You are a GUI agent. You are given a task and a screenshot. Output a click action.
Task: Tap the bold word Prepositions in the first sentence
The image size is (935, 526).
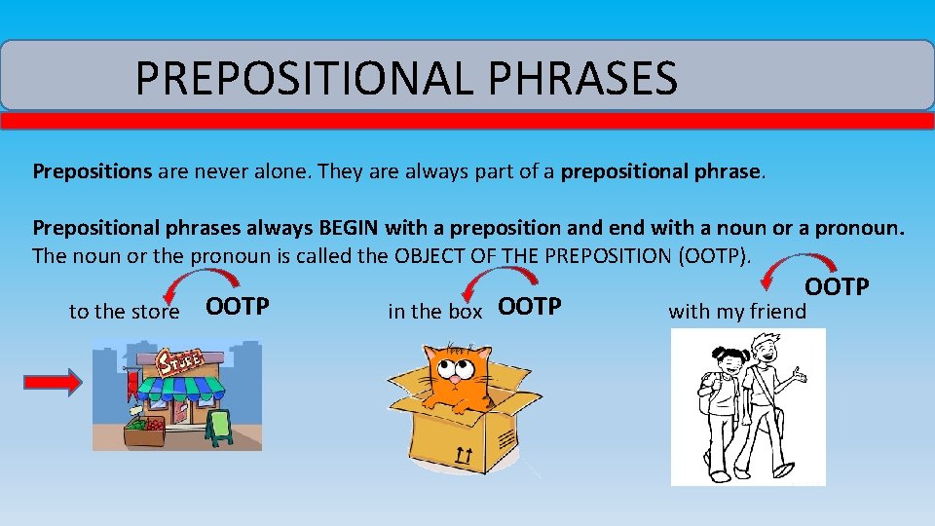[x=93, y=172]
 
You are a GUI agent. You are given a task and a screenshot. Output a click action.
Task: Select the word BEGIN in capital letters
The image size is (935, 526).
[x=350, y=229]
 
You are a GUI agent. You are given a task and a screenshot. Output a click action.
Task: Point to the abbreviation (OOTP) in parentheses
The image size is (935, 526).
[x=722, y=256]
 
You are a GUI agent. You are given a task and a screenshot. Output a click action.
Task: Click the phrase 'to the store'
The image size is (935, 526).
[x=124, y=312]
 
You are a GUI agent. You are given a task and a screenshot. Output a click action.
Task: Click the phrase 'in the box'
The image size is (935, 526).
[x=434, y=312]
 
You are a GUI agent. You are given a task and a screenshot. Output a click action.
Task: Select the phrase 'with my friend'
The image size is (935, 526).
[x=737, y=312]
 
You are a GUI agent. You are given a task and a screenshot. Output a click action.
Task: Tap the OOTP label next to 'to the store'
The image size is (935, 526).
[x=238, y=307]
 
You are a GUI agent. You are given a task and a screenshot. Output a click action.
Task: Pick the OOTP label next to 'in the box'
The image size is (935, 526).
[x=530, y=307]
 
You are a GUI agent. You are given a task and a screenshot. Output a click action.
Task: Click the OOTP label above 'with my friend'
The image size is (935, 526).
[x=836, y=287]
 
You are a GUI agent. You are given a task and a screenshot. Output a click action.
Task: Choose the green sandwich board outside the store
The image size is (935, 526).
[x=220, y=427]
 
